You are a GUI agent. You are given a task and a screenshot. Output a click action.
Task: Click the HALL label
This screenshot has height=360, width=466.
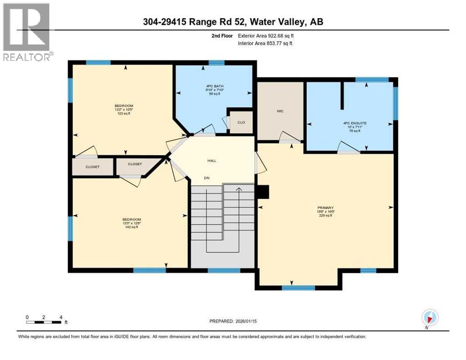tap(211, 160)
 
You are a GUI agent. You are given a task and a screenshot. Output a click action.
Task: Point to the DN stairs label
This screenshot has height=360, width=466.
tap(206, 178)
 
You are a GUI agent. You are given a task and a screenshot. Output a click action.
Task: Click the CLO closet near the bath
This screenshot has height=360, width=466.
tap(241, 122)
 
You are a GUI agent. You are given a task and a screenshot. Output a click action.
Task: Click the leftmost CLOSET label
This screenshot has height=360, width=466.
tap(92, 167)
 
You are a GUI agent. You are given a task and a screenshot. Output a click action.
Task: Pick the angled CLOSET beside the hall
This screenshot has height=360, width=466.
tap(135, 164)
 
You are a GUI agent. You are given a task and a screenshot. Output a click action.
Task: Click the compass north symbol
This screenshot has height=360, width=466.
tap(429, 317)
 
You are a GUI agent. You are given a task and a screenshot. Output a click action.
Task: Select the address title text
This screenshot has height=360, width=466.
tap(233, 22)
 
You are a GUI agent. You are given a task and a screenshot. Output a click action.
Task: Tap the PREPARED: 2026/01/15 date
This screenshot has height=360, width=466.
tap(233, 321)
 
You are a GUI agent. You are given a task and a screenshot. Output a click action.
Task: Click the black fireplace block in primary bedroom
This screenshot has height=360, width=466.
tap(264, 192)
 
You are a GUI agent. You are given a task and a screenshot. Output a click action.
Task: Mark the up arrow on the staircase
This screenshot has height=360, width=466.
tap(238, 189)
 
